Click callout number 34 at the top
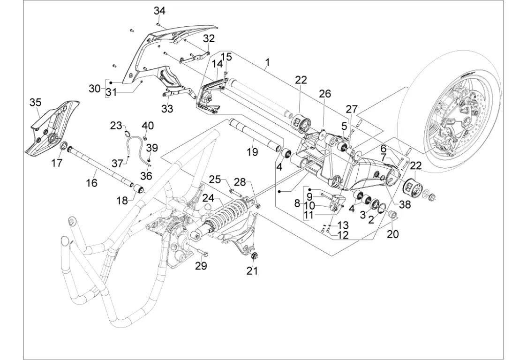tap(160, 11)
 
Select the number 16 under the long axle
tap(92, 182)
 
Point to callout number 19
tap(253, 152)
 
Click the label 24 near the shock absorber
tap(208, 198)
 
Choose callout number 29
tap(201, 266)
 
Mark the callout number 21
tap(252, 270)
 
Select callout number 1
tap(267, 62)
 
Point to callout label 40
tap(148, 126)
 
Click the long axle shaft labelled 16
tap(101, 168)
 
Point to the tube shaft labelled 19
tap(256, 135)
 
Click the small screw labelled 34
tap(159, 23)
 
